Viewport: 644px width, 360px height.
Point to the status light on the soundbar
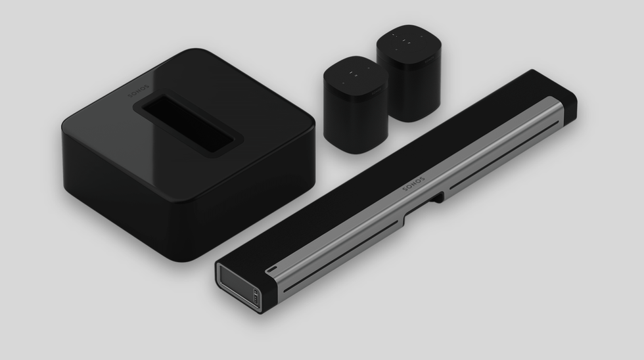pos(271,270)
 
